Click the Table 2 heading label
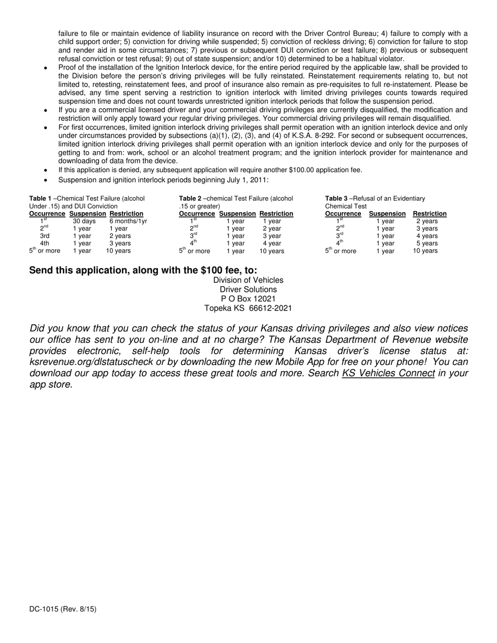pyautogui.click(x=190, y=199)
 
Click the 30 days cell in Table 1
pyautogui.click(x=84, y=221)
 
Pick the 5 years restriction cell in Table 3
pyautogui.click(x=427, y=243)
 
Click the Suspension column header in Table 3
pyautogui.click(x=387, y=214)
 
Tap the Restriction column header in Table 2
pyautogui.click(x=276, y=214)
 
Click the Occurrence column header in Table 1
pyautogui.click(x=47, y=214)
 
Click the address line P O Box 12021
pyautogui.click(x=248, y=299)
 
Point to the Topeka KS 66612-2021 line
pyautogui.click(x=248, y=308)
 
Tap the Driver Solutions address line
pyautogui.click(x=248, y=290)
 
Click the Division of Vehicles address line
pyautogui.click(x=248, y=280)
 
